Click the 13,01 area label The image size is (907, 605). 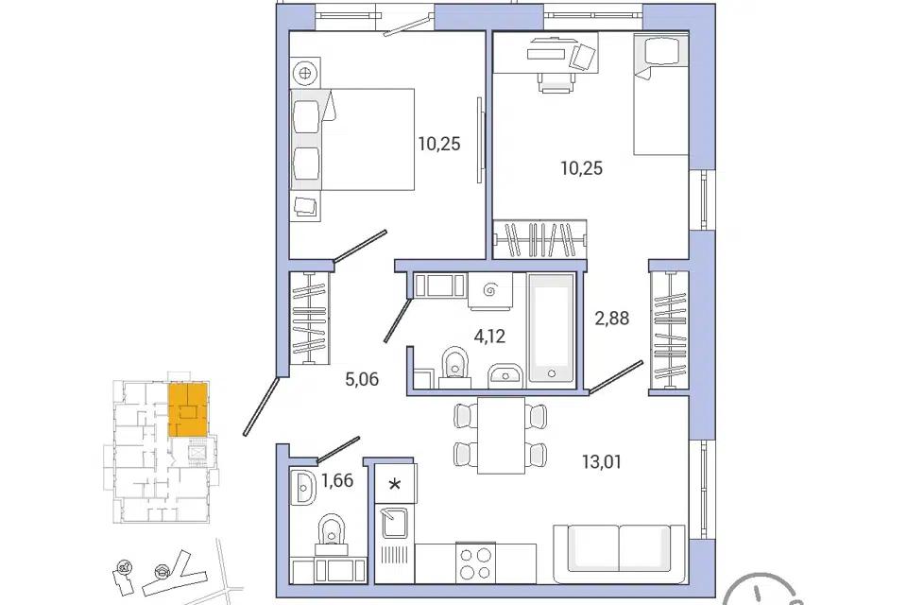point(602,462)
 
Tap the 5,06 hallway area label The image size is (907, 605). point(362,380)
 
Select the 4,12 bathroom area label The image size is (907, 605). point(489,336)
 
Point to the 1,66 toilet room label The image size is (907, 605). point(337,480)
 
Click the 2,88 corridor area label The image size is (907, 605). point(612,318)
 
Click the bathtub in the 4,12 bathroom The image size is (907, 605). point(551,328)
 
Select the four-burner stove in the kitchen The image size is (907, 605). point(475,563)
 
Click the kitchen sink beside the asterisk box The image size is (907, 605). point(395,523)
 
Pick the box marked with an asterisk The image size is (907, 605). point(395,483)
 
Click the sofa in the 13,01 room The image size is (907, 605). point(620,553)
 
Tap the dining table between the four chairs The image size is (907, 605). point(501,436)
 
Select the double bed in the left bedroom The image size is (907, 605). point(352,139)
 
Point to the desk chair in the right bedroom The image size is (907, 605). point(556,80)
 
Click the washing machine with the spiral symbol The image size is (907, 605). point(490,290)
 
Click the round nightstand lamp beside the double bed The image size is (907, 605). point(305,73)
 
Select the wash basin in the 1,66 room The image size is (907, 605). point(302,487)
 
